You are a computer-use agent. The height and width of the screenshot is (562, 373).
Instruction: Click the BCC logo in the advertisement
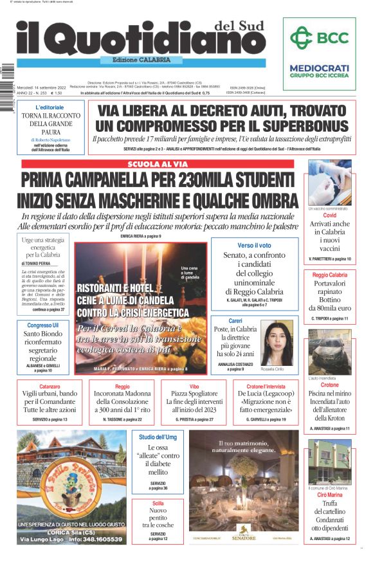pos(320,37)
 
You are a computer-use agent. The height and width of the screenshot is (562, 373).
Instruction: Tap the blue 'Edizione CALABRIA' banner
pos(136,60)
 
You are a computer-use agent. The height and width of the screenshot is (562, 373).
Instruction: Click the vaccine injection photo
pos(330,183)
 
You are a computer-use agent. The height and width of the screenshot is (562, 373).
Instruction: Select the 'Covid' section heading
pos(330,215)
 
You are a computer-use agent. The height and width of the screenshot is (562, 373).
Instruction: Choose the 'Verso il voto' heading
pos(254,245)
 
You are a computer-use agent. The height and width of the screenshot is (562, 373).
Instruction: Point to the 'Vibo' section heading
pos(194,386)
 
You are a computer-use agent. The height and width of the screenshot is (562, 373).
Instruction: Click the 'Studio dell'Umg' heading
pos(158,437)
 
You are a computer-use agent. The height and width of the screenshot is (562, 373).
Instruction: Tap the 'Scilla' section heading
pos(158,503)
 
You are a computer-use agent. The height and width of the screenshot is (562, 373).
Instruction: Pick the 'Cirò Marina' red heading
pos(330,495)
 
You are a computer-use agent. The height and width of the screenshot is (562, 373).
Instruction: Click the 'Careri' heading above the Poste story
pos(235,320)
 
